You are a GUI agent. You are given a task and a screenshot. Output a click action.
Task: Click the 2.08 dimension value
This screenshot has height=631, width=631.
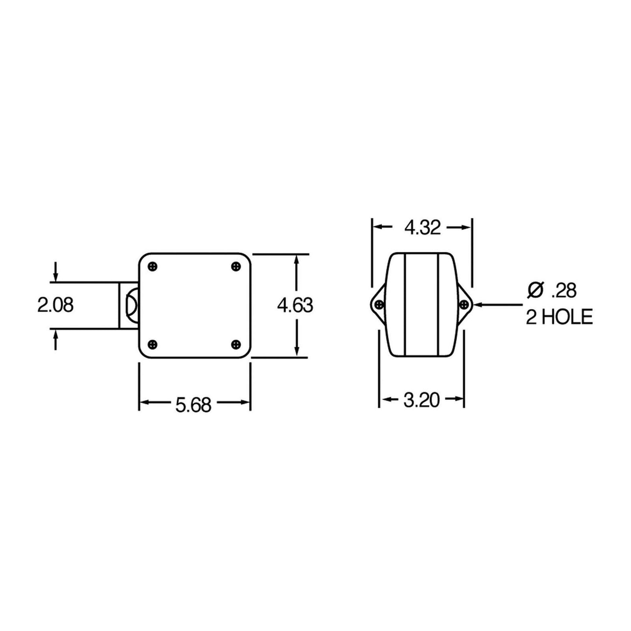(55, 305)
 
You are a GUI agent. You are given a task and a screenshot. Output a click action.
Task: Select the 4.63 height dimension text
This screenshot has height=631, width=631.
(295, 306)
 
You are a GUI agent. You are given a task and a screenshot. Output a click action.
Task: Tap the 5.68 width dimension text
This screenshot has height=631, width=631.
(193, 405)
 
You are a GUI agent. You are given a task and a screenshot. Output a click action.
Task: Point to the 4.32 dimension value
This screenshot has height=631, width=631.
(422, 228)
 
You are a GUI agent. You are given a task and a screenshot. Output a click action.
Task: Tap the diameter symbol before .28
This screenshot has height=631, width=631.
(535, 290)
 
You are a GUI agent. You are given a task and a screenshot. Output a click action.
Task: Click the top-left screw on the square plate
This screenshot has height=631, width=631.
(152, 266)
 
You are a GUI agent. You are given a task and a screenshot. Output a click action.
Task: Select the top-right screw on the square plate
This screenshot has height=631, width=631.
(236, 266)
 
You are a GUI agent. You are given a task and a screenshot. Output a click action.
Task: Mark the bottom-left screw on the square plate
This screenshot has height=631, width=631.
(152, 344)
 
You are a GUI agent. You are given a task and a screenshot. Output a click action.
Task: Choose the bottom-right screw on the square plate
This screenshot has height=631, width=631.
(236, 344)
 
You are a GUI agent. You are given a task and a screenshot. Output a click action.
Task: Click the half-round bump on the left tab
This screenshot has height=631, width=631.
(131, 305)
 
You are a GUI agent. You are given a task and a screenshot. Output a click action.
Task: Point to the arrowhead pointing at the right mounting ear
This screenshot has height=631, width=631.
(477, 304)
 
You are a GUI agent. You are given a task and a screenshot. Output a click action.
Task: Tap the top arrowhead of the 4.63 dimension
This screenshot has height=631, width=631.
(297, 258)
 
